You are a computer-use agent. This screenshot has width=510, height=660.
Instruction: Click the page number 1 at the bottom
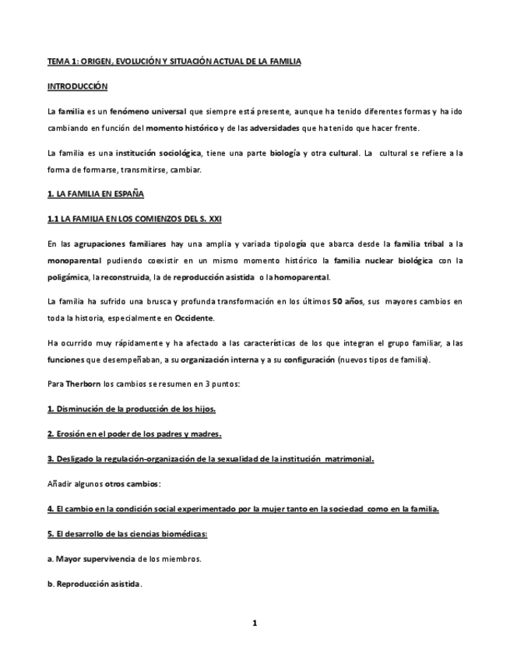coord(255,623)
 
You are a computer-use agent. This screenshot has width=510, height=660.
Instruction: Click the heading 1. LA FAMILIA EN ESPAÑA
coord(95,193)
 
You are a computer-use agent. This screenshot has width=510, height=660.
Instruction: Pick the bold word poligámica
coord(69,277)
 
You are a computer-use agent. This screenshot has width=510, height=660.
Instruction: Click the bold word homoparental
coord(302,277)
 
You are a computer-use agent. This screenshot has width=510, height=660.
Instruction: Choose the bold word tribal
coord(433,244)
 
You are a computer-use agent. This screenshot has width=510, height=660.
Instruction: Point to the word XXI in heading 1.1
coord(214,219)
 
